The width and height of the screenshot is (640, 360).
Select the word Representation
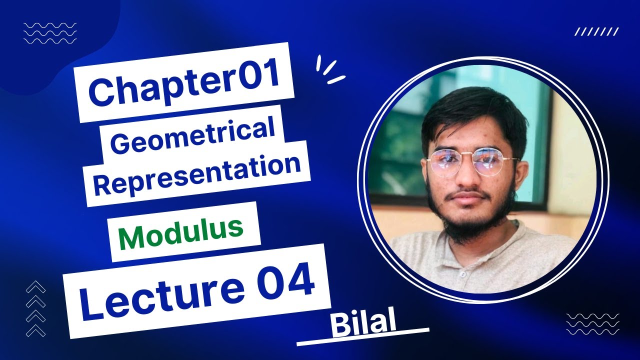click(x=197, y=173)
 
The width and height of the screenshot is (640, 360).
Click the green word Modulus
click(x=181, y=233)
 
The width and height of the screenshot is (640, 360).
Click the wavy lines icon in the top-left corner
click(x=50, y=33)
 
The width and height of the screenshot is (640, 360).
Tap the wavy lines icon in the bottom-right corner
click(x=592, y=323)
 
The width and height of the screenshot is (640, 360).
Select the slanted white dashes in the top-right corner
click(x=596, y=32)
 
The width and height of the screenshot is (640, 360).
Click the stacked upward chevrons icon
click(x=35, y=309)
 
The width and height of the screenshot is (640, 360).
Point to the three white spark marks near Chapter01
click(x=328, y=70)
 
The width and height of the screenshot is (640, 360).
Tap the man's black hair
click(x=470, y=112)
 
